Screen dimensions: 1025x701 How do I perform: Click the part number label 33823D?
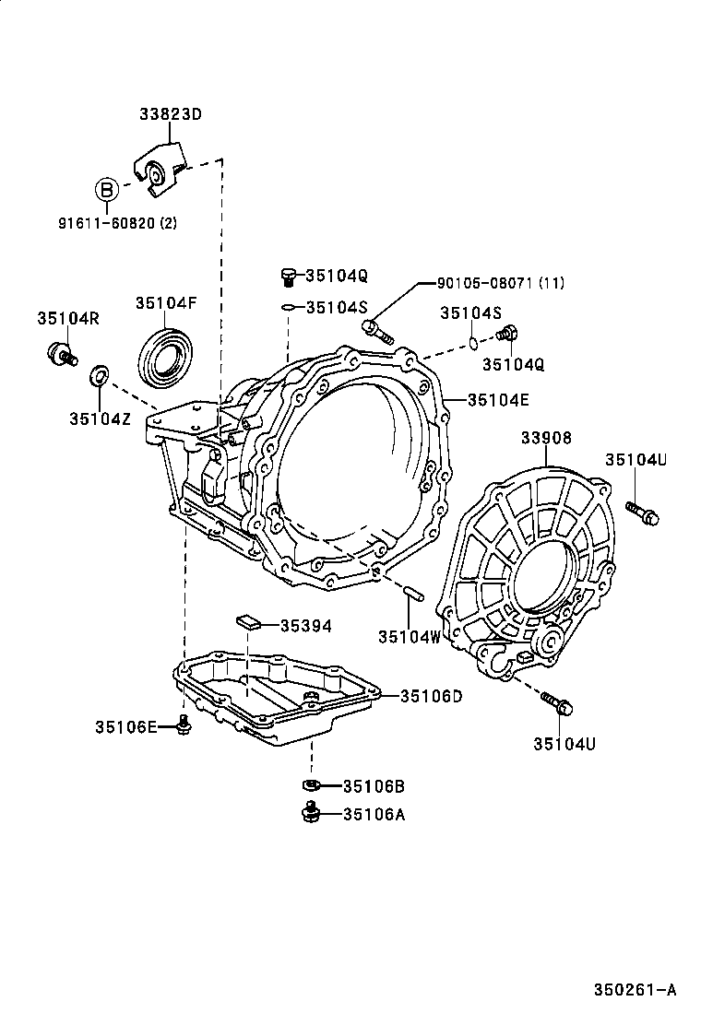pyautogui.click(x=171, y=115)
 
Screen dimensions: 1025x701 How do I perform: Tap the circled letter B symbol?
pyautogui.click(x=107, y=190)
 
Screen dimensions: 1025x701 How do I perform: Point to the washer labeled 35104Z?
pyautogui.click(x=98, y=376)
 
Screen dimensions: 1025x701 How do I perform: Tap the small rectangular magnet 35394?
pyautogui.click(x=247, y=621)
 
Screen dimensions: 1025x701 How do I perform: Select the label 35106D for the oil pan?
pyautogui.click(x=430, y=696)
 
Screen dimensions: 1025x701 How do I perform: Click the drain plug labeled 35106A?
pyautogui.click(x=312, y=812)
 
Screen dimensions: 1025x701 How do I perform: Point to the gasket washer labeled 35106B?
pyautogui.click(x=311, y=785)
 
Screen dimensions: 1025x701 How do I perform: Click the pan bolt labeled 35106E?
pyautogui.click(x=184, y=727)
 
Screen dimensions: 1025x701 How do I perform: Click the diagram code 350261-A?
pyautogui.click(x=635, y=990)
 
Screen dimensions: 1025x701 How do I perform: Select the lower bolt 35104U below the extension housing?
pyautogui.click(x=557, y=703)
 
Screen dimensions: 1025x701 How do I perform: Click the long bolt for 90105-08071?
pyautogui.click(x=378, y=332)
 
